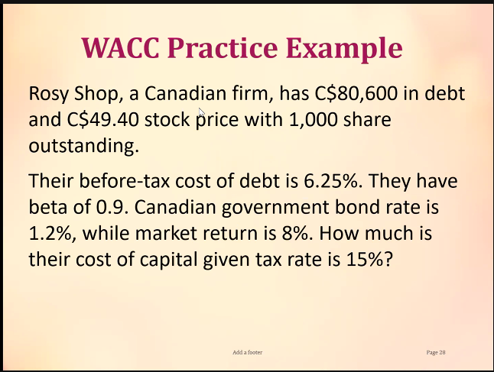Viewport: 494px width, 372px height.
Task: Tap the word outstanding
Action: click(84, 145)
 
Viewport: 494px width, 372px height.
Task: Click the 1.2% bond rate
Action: click(47, 234)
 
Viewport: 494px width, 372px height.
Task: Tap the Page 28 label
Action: click(436, 352)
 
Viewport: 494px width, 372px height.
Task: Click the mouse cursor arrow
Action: click(201, 112)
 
